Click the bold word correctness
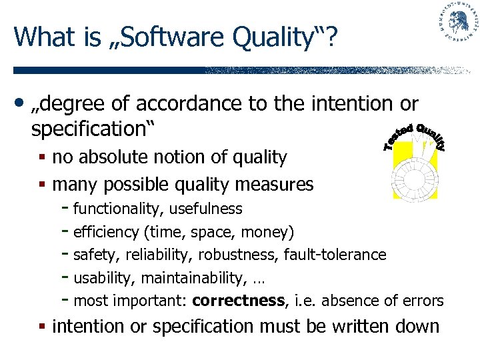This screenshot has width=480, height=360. click(238, 301)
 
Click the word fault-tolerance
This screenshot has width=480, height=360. click(335, 255)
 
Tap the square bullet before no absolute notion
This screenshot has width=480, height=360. click(43, 159)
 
